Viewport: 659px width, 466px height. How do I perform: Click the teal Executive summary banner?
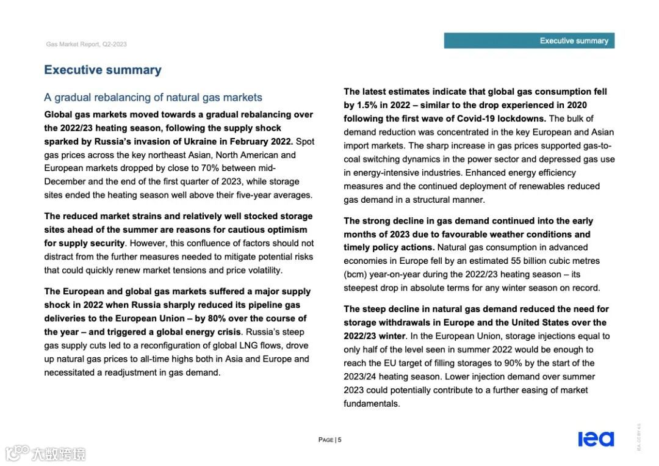pyautogui.click(x=529, y=41)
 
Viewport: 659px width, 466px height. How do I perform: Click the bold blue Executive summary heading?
pyautogui.click(x=103, y=70)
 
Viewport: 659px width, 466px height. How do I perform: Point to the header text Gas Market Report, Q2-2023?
pyautogui.click(x=87, y=44)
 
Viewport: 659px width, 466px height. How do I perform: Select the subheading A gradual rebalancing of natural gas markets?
pyautogui.click(x=153, y=97)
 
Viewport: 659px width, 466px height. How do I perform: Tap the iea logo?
pyautogui.click(x=596, y=439)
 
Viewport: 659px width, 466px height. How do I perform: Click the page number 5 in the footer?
pyautogui.click(x=339, y=440)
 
